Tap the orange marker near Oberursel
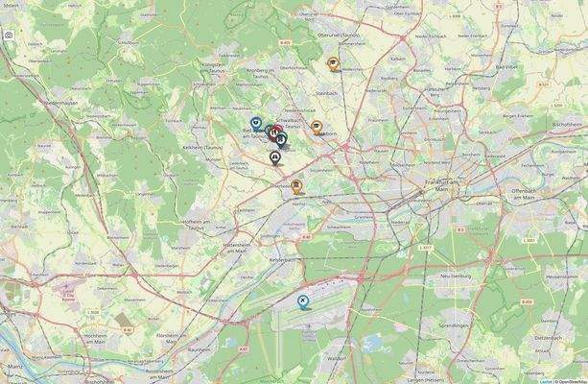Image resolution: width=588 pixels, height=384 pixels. [x=333, y=64]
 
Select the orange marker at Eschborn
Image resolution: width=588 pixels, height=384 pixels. [x=317, y=127]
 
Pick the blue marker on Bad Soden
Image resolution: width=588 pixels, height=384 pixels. [x=256, y=123]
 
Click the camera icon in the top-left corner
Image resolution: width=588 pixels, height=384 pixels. [x=8, y=35]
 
